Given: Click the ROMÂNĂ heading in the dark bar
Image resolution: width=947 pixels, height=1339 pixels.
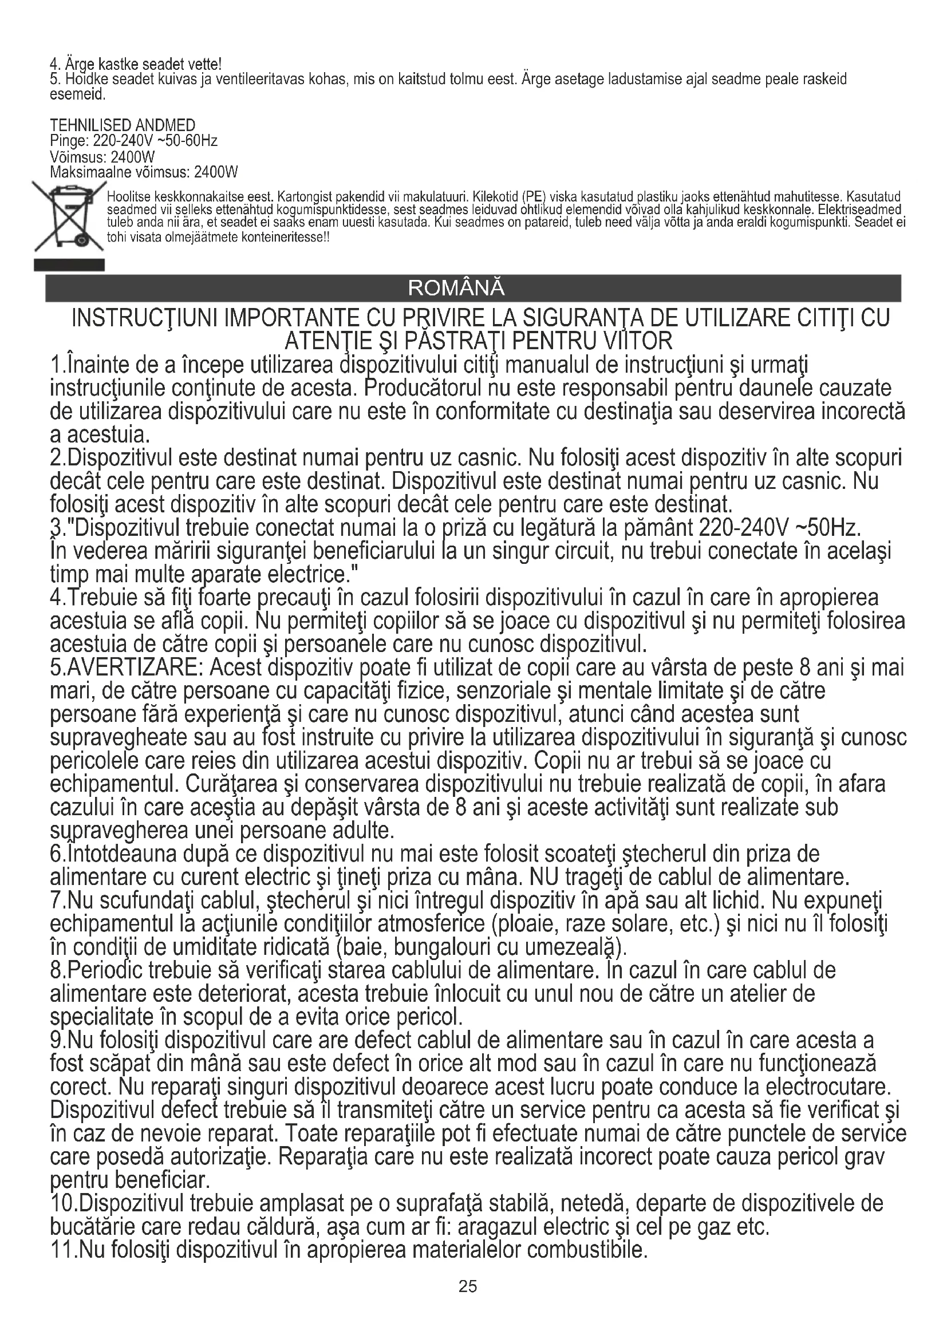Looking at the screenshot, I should coord(456,288).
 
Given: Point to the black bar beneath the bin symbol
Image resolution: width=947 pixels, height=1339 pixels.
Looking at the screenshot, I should coord(69,266).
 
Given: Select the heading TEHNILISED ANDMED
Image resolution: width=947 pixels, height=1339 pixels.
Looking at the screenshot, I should coord(123,125).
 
